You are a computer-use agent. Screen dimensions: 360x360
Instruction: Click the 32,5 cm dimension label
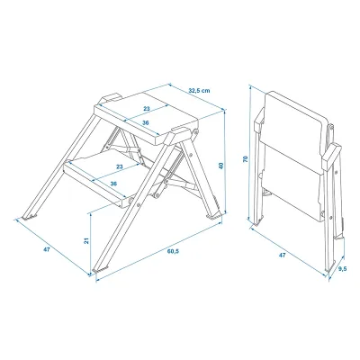pos(200,90)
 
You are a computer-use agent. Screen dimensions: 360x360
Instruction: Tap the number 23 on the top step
pos(146,109)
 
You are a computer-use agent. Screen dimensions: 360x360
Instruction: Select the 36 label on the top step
pos(146,122)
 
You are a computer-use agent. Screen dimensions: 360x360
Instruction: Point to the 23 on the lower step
pos(120,167)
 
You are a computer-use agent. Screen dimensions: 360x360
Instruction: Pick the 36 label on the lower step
pos(113,184)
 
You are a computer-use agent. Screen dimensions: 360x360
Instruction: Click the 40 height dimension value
pos(221,166)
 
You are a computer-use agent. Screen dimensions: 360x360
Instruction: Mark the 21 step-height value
pos(86,240)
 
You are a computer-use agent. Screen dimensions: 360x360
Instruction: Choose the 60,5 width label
pos(173,251)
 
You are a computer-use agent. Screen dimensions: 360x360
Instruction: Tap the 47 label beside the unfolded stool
pos(46,249)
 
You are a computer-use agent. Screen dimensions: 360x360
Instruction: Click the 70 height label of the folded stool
pos(246,159)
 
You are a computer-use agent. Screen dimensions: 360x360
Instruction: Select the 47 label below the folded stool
pos(282,256)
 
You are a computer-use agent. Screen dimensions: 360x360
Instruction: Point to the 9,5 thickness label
pos(342,269)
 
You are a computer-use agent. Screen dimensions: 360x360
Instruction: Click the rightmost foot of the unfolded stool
pos(213,216)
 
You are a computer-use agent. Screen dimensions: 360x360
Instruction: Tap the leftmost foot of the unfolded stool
pos(30,217)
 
